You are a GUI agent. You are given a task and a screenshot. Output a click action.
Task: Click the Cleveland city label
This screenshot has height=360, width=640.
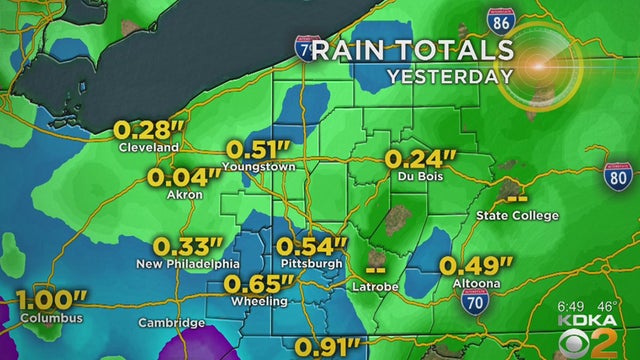(x=150, y=147)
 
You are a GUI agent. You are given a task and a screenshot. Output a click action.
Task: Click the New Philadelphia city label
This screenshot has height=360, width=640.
(x=188, y=263)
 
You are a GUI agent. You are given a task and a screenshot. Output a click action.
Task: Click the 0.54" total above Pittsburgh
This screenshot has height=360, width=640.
(x=311, y=245)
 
